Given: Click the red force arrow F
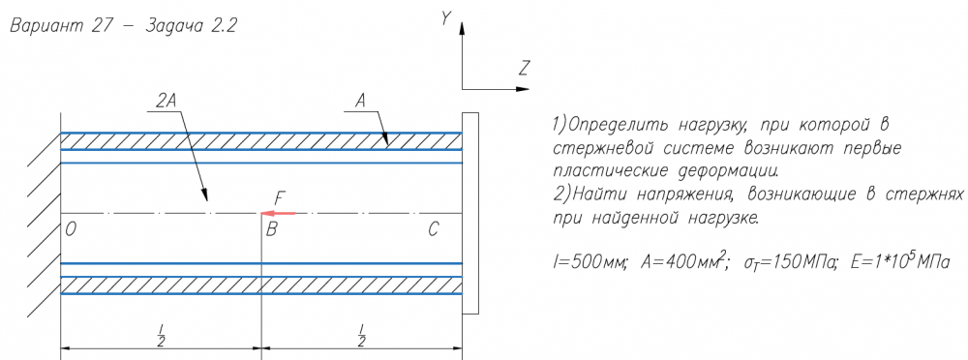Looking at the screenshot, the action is click(279, 213).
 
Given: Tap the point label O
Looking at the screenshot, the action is click(71, 230).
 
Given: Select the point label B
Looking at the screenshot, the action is click(272, 230).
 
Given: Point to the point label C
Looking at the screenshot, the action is click(434, 230).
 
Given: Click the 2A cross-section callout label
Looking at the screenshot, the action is click(166, 103).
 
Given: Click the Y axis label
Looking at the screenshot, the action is click(445, 19).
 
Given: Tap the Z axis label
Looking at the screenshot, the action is click(524, 68).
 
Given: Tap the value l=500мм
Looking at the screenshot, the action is click(589, 262).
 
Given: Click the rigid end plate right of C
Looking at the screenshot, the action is click(470, 214).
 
